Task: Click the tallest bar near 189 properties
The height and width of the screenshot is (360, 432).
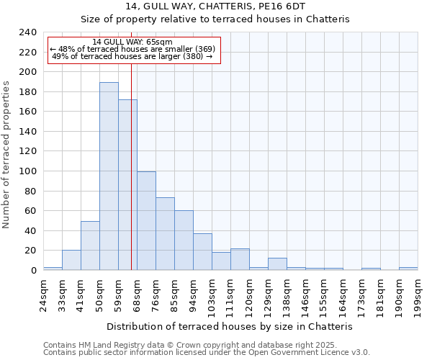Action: click(109, 176)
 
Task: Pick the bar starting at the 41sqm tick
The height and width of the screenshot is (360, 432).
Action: click(90, 246)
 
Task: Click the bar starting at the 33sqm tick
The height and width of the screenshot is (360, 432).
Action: click(71, 260)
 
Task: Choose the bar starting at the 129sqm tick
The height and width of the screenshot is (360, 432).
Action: click(277, 264)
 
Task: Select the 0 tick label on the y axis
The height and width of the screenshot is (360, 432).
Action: click(33, 270)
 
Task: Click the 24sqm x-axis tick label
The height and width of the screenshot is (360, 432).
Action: click(43, 291)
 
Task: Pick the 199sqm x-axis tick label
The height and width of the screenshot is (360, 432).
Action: click(418, 291)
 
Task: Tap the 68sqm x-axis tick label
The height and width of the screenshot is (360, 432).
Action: click(137, 291)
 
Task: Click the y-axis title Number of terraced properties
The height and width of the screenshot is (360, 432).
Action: click(6, 155)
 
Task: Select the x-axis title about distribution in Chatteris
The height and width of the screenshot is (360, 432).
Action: click(229, 326)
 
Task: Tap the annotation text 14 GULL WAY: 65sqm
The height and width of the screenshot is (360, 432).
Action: click(132, 42)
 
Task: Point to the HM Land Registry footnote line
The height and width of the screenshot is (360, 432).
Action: click(190, 345)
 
